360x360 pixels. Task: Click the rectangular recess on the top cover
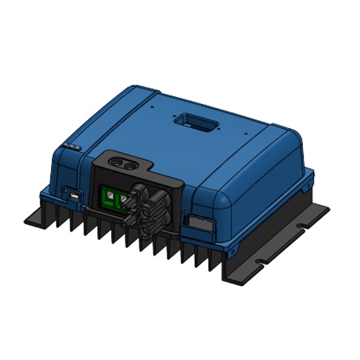[x=194, y=124]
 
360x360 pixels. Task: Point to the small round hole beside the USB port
[x=64, y=191]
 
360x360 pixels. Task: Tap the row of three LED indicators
[x=71, y=146]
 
